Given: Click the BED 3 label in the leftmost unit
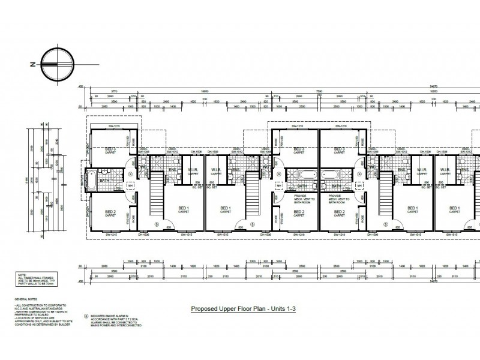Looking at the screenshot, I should click(x=110, y=149).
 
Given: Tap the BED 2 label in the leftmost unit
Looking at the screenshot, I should click(x=110, y=211).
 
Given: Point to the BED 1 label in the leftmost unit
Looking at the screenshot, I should click(x=183, y=209).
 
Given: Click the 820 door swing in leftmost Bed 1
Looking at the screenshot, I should click(x=170, y=227).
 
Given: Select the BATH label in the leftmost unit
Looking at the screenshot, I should click(x=104, y=180).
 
